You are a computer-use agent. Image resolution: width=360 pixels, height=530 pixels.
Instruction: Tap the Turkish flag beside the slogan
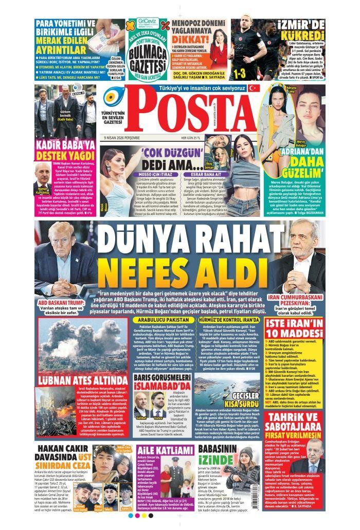(x=252, y=88)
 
